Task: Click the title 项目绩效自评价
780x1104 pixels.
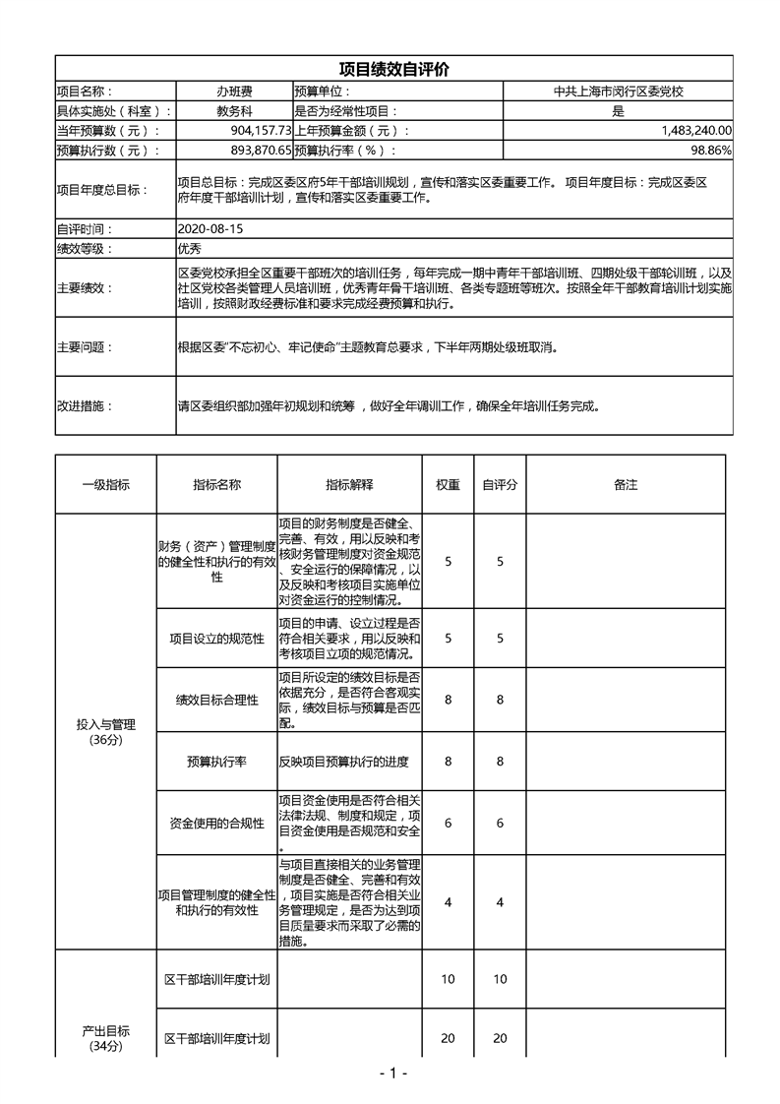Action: pyautogui.click(x=393, y=70)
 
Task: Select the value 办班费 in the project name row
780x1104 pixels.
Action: pyautogui.click(x=234, y=91)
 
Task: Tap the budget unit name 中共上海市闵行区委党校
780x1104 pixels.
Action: pyautogui.click(x=618, y=91)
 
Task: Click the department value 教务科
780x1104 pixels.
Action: pyautogui.click(x=234, y=111)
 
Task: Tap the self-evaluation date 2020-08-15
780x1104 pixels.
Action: pyautogui.click(x=210, y=228)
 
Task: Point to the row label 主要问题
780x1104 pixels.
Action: pyautogui.click(x=85, y=347)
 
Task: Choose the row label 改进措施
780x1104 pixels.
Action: pyautogui.click(x=85, y=405)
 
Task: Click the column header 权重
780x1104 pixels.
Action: pyautogui.click(x=449, y=485)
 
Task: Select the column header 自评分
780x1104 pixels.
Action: pyautogui.click(x=500, y=485)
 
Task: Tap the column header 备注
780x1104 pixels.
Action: pyautogui.click(x=626, y=485)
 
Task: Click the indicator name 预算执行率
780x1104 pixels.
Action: pyautogui.click(x=216, y=762)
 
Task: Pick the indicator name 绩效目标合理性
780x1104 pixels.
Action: pyautogui.click(x=216, y=700)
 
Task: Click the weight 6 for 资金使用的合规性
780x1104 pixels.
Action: pyautogui.click(x=449, y=824)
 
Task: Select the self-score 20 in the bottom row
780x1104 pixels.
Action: pyautogui.click(x=500, y=1039)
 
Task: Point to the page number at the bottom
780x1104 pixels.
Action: pyautogui.click(x=392, y=1073)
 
